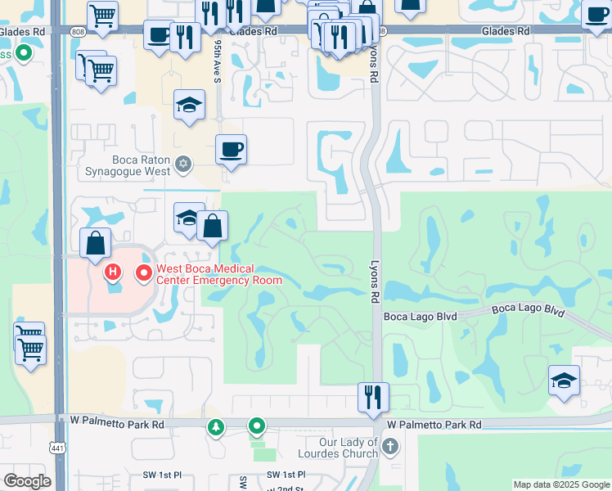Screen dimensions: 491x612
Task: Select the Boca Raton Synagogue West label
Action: point(128,165)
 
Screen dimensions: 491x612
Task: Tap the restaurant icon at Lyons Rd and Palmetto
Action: point(373,399)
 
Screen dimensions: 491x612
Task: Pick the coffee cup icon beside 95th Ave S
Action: point(231,150)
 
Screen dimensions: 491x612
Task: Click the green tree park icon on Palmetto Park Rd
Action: point(215,426)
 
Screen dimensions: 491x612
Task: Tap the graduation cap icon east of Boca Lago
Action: point(564,381)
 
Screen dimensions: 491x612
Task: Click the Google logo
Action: point(26,481)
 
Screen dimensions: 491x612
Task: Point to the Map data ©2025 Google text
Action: point(561,484)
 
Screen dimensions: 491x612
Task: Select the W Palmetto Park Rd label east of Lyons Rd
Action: point(434,425)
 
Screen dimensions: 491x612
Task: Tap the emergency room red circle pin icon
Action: point(145,272)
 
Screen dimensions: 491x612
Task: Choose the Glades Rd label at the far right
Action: point(506,30)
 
